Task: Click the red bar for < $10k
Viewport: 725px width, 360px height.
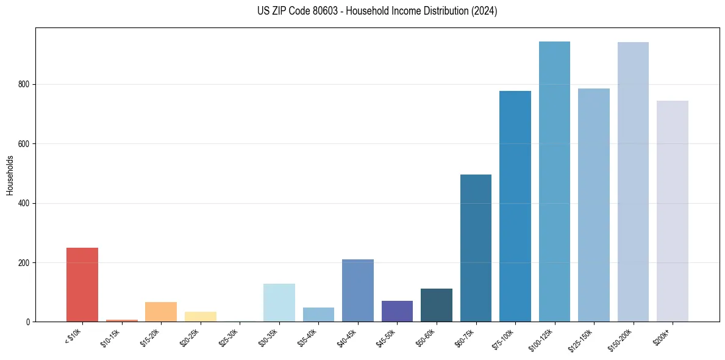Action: click(82, 284)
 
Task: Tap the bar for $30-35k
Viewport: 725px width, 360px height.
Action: click(279, 303)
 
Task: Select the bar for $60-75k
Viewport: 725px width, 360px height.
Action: click(476, 248)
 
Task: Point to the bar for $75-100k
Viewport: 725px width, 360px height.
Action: click(515, 206)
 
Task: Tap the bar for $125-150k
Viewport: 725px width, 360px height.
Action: click(593, 205)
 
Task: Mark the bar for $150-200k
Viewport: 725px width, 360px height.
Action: click(633, 182)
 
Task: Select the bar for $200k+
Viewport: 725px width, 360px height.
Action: click(672, 211)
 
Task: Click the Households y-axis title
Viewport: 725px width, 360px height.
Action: click(10, 175)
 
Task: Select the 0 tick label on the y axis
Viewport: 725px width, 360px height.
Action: click(29, 322)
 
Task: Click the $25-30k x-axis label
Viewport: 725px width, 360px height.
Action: click(229, 337)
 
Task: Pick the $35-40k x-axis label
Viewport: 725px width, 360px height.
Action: click(307, 337)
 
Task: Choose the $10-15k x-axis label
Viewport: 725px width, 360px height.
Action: click(111, 337)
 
